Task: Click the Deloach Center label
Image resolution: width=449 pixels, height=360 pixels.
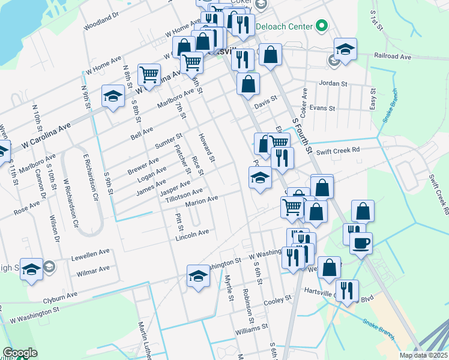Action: pyautogui.click(x=285, y=26)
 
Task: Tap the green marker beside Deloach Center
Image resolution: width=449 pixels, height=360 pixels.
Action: pyautogui.click(x=322, y=26)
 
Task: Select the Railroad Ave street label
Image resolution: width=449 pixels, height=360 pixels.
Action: pyautogui.click(x=393, y=56)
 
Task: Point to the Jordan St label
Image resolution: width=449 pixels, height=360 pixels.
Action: pyautogui.click(x=334, y=83)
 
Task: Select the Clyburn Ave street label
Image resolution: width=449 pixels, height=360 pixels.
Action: pyautogui.click(x=60, y=296)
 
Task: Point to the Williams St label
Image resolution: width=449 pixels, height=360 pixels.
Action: pyautogui.click(x=252, y=329)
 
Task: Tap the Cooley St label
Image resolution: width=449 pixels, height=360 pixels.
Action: pyautogui.click(x=277, y=298)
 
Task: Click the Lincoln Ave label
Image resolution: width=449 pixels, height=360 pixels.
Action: pyautogui.click(x=192, y=234)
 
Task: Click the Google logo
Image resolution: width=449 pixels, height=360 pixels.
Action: pyautogui.click(x=20, y=353)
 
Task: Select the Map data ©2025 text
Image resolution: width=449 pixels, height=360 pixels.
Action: pyautogui.click(x=423, y=355)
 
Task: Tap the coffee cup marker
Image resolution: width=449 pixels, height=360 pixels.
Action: pyautogui.click(x=361, y=244)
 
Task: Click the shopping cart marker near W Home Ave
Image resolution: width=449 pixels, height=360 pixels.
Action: pyautogui.click(x=149, y=74)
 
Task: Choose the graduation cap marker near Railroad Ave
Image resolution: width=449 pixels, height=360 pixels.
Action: pyautogui.click(x=345, y=49)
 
